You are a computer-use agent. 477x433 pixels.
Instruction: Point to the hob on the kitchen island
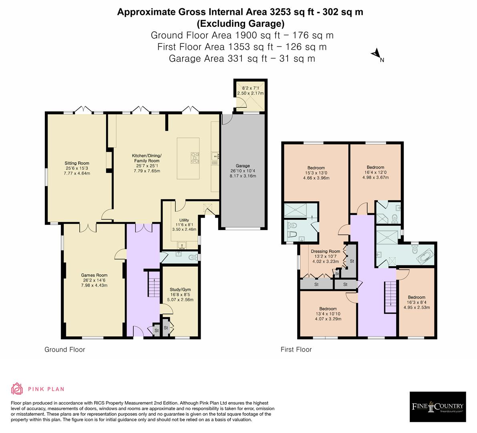195,157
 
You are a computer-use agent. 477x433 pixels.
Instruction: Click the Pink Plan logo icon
17,388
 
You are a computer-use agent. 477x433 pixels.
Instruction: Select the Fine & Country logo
438,407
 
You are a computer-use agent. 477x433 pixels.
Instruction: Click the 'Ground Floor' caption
64,350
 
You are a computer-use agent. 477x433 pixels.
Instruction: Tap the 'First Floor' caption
296,350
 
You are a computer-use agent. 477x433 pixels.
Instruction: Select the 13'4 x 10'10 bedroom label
328,314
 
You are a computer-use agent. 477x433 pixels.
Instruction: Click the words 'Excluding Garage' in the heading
240,23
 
